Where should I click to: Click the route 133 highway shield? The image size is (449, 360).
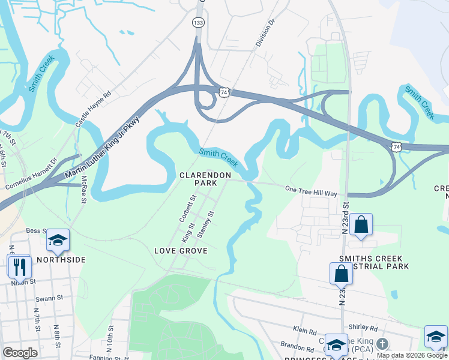click(x=198, y=22)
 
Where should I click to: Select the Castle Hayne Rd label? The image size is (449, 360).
click(x=93, y=109)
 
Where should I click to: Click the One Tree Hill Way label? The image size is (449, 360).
click(x=311, y=190)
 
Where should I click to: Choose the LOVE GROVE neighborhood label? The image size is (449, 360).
click(x=181, y=250)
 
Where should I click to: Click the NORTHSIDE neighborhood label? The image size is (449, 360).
click(x=61, y=260)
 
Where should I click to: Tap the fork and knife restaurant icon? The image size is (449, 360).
click(x=19, y=266)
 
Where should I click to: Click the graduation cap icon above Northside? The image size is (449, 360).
click(x=58, y=240)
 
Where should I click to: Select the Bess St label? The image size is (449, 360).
click(x=37, y=230)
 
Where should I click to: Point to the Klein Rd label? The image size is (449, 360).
click(x=305, y=331)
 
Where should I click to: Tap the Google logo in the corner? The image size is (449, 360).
click(x=20, y=352)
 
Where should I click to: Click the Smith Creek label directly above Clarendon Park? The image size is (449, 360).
click(x=218, y=158)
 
